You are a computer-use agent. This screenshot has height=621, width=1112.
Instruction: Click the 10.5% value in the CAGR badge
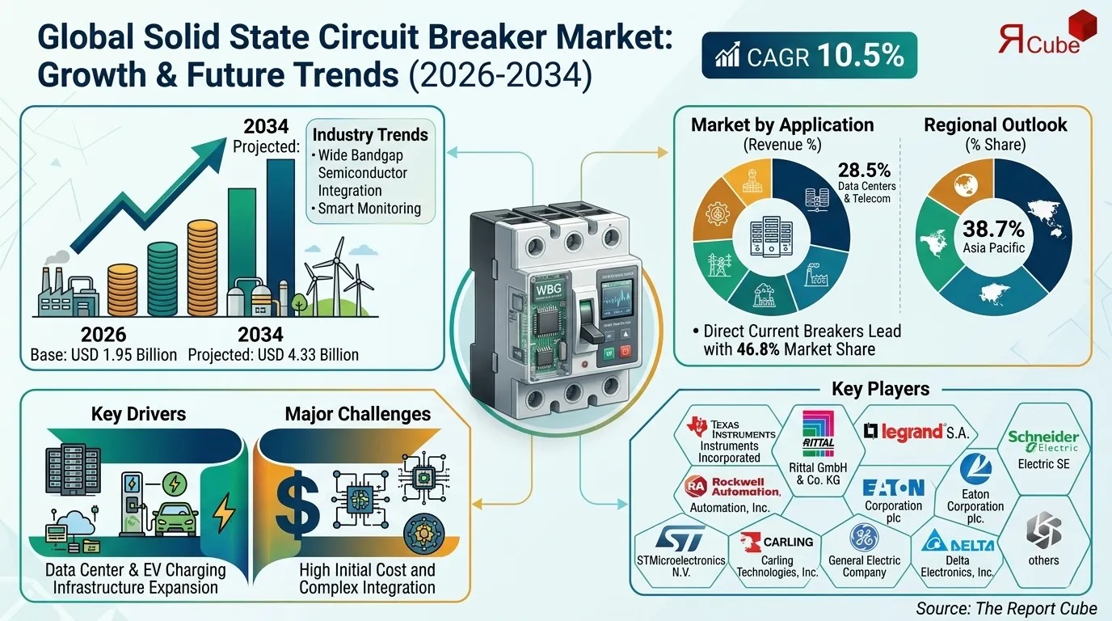tap(860, 55)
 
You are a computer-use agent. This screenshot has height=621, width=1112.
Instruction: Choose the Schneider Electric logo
tap(1043, 441)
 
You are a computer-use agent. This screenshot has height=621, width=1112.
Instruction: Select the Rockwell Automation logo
tap(733, 486)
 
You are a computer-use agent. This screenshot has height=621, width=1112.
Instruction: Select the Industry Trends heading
tap(370, 133)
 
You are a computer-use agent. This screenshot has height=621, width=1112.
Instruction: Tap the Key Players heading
tap(880, 389)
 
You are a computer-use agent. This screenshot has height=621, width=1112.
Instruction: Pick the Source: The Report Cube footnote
tap(1007, 608)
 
